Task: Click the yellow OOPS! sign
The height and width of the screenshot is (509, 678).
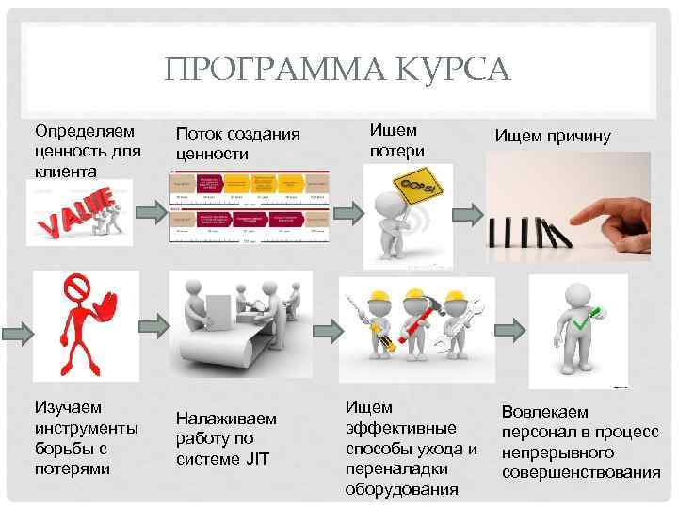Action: coord(420,189)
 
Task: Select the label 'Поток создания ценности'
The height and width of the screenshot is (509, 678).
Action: coord(237,143)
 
